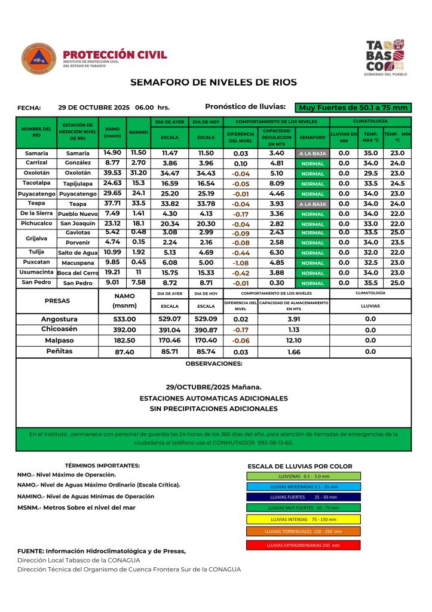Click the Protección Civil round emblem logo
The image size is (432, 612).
point(39,59)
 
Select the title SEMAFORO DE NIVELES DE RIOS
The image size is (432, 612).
point(213,82)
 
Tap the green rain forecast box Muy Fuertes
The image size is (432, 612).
point(354,108)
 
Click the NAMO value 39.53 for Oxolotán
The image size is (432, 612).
point(112,173)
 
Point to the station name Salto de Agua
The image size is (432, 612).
point(78,253)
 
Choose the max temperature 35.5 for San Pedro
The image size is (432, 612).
point(370,283)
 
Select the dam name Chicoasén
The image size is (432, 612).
point(59,329)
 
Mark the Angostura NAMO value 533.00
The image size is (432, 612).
point(125,319)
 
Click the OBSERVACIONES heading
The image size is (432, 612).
point(213,363)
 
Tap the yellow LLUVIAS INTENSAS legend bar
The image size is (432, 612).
point(303,519)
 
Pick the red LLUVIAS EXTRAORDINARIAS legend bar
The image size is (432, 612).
point(303,545)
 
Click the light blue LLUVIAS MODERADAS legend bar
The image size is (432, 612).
point(303,486)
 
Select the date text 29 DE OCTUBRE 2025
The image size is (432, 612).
point(96,108)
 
